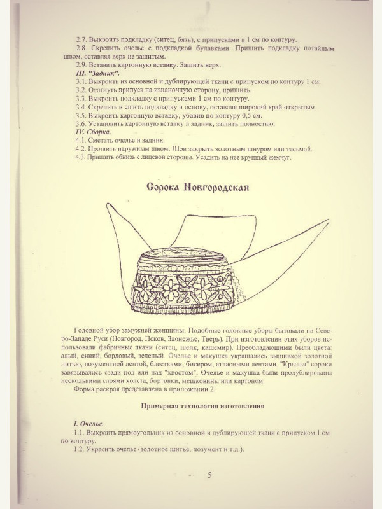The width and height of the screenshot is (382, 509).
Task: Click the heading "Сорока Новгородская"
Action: point(197,188)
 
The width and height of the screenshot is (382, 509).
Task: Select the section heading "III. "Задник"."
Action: point(99,74)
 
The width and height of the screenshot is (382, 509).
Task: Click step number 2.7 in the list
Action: point(82,39)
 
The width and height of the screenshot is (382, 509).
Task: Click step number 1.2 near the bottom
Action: point(82,450)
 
